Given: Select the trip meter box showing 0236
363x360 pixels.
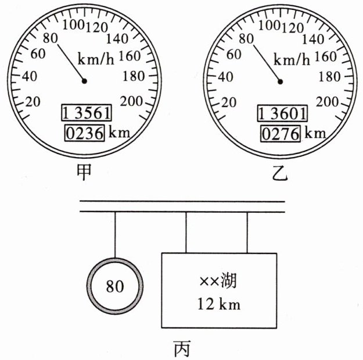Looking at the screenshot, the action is point(85,133).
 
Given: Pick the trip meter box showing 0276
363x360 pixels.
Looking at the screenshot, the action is point(281,133).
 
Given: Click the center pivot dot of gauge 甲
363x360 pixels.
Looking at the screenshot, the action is point(85,81).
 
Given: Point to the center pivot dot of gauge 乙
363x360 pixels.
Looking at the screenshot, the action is point(281,81).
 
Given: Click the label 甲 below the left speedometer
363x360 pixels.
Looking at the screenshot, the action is point(84,172).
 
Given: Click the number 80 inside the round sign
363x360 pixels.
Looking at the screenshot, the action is point(114,286).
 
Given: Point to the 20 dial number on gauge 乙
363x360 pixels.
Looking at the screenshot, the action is point(229,102).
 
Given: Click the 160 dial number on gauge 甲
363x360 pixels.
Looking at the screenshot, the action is point(137,56).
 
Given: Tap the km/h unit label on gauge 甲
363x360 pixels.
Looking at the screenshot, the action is point(97,59).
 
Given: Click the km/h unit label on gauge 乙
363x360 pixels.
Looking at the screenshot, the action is point(292,59).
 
